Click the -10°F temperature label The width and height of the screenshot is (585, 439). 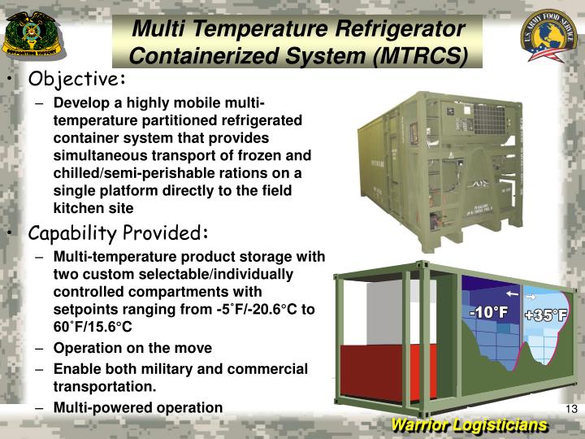point(488,313)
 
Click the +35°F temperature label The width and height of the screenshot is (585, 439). point(545,315)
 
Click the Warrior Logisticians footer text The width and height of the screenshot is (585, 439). point(469,426)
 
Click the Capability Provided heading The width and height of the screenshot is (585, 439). point(119,233)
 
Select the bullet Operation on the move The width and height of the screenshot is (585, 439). point(132,348)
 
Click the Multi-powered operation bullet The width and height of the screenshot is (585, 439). point(137,407)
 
